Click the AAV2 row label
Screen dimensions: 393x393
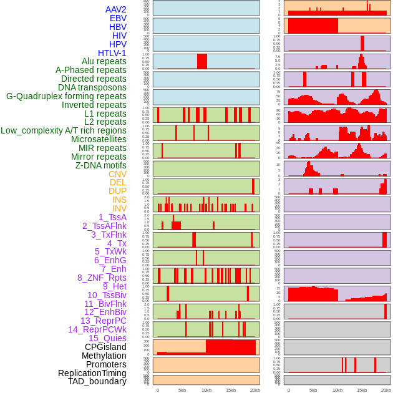click(x=116, y=9)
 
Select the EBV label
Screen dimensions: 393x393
click(x=118, y=18)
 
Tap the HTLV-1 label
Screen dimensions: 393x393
click(x=112, y=53)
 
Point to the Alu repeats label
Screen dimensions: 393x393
click(x=104, y=61)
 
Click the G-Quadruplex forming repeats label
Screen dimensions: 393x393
click(x=66, y=96)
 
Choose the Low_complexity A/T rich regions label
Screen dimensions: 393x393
click(x=64, y=130)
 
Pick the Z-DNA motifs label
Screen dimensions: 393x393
click(x=101, y=165)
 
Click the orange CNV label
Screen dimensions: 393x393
click(x=117, y=174)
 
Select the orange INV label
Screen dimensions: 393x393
click(x=119, y=208)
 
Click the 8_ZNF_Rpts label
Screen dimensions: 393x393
click(x=102, y=278)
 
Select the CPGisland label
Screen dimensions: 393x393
click(x=105, y=347)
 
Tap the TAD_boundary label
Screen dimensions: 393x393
click(x=97, y=381)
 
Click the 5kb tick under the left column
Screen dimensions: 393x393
click(x=182, y=390)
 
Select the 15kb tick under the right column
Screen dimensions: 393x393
click(x=361, y=390)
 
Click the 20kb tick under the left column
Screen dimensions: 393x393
click(x=255, y=390)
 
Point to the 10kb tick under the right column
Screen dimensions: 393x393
click(x=337, y=390)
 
